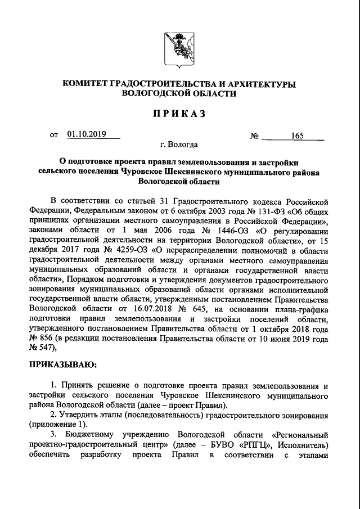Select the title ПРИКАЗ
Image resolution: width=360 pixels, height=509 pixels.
pyautogui.click(x=179, y=114)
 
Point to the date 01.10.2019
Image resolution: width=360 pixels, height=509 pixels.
pyautogui.click(x=86, y=134)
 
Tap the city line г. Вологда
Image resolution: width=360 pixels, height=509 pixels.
pyautogui.click(x=179, y=145)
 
